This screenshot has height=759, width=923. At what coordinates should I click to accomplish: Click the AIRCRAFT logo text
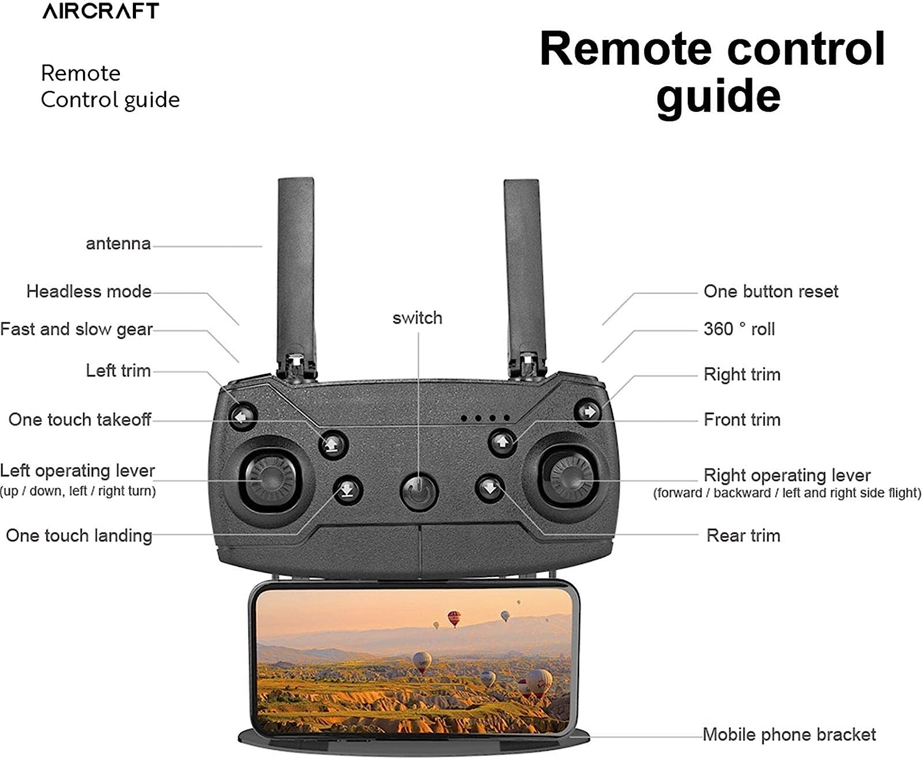coord(101,11)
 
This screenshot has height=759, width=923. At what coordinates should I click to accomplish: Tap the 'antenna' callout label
coord(118,244)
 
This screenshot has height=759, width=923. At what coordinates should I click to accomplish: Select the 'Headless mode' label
coord(89,292)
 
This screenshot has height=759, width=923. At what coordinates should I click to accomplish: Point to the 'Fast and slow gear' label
coord(76,330)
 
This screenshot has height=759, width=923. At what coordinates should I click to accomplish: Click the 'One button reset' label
coord(770,292)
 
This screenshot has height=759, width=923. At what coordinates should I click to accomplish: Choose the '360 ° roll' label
coord(738,329)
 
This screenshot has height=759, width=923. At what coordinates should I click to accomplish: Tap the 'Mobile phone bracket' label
coord(789,734)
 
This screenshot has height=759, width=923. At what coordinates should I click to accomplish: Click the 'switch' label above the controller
coord(417,318)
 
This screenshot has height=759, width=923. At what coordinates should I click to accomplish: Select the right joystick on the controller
coord(570,475)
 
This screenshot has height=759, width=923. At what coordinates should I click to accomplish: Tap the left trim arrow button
coord(243,416)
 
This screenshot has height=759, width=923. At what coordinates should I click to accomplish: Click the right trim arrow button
coord(588,411)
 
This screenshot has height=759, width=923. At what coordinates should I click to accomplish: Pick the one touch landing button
coord(348,490)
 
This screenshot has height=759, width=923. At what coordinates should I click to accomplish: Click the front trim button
coord(502,442)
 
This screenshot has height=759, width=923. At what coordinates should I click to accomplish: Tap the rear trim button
coord(490,488)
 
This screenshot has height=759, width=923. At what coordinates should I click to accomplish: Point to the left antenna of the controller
coord(297,271)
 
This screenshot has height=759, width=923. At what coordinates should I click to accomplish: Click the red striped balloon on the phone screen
coord(454,618)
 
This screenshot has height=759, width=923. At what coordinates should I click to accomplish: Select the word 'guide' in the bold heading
coord(718,96)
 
